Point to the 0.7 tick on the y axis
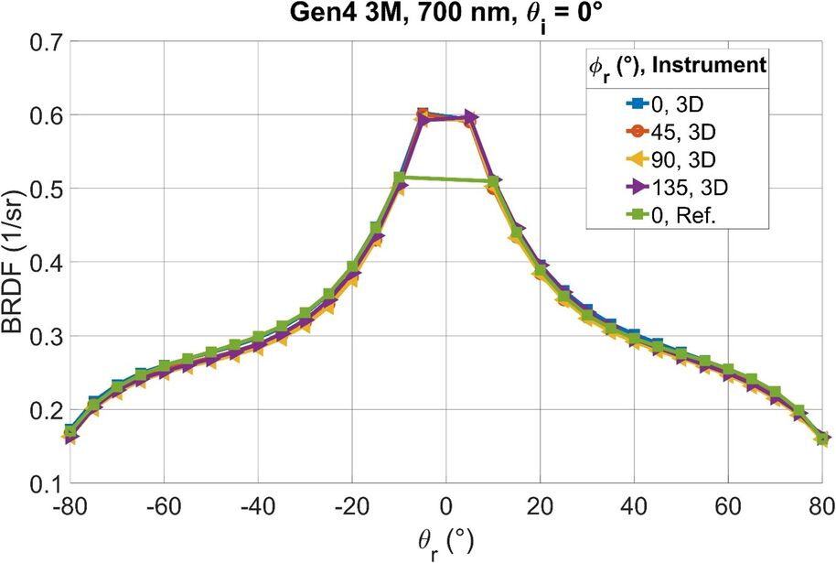coord(45,42)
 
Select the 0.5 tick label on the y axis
coord(45,189)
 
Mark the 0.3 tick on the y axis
coord(45,336)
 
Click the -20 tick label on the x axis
coord(348,506)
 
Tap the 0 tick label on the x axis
coord(446,506)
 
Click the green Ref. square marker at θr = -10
coord(400,178)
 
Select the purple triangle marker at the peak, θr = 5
coord(470,117)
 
